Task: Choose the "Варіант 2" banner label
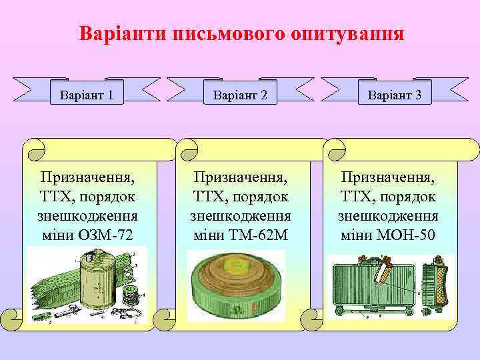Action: point(240,95)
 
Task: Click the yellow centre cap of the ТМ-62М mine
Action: point(235,267)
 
